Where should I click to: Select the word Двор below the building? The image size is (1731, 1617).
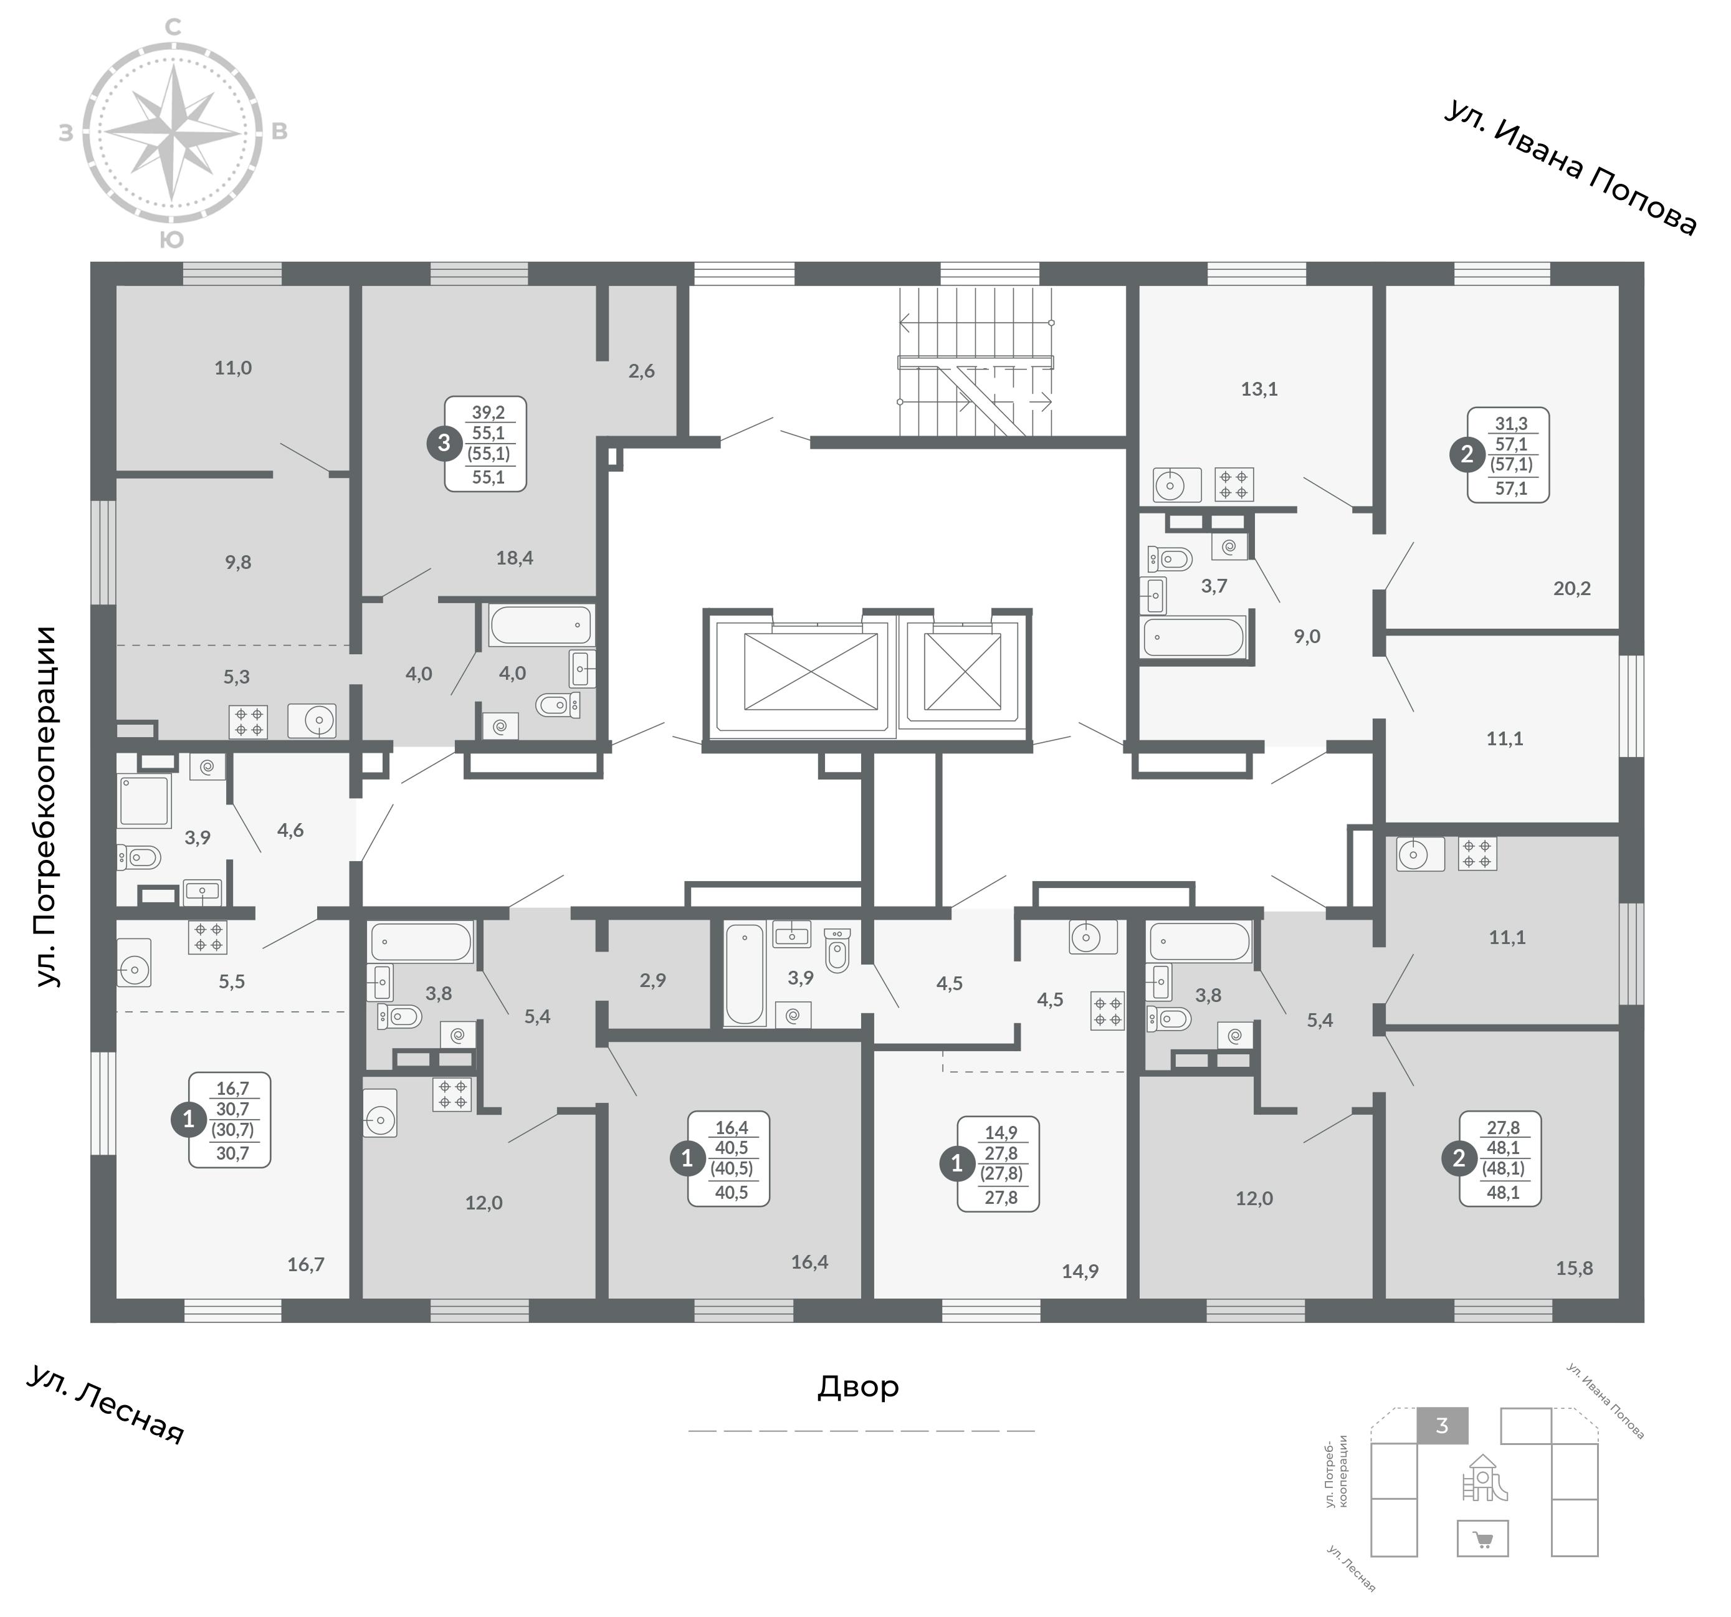[857, 1387]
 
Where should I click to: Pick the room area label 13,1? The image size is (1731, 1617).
[1259, 389]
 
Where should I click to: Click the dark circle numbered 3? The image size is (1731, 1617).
[444, 443]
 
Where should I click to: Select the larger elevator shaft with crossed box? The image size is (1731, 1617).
[811, 671]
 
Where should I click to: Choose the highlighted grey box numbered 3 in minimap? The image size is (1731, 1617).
[1442, 1426]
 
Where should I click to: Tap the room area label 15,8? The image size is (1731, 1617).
[1574, 1269]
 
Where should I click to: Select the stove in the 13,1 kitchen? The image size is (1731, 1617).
[1234, 485]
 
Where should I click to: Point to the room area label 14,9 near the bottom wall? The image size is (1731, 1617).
[1080, 1271]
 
